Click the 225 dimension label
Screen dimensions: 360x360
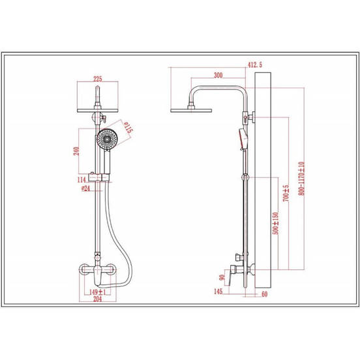(x=98, y=79)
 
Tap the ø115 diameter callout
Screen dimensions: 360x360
(x=128, y=128)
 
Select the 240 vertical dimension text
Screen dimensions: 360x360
(x=76, y=151)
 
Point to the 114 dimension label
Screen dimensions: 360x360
(x=82, y=180)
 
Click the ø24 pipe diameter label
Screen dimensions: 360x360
(x=85, y=188)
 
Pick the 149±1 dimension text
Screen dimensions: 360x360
(x=98, y=292)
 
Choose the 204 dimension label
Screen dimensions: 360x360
(x=98, y=299)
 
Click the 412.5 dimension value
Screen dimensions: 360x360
(x=255, y=65)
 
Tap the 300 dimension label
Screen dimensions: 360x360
(x=218, y=75)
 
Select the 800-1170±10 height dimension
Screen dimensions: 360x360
(x=301, y=179)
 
